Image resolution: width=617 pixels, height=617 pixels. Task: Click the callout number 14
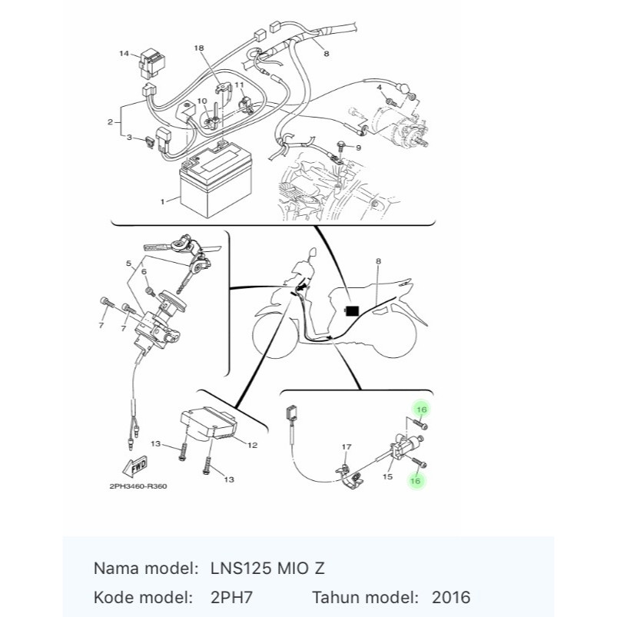pos(124,53)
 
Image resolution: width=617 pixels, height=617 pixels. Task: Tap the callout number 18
pos(199,48)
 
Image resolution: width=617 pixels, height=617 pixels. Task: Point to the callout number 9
pos(358,148)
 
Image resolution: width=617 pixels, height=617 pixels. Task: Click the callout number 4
pos(380,87)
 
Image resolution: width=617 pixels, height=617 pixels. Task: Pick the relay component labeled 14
pos(152,63)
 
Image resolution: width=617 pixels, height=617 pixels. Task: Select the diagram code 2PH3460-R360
pos(138,486)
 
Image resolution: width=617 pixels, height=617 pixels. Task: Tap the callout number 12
pos(252,445)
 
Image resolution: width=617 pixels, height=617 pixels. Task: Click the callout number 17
pos(347,447)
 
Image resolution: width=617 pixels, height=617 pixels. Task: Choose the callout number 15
pos(387,476)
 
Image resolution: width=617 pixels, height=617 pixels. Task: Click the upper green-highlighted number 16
pos(421,410)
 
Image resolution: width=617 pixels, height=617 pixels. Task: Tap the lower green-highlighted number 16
pos(416,481)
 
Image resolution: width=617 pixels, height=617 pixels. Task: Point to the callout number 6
pos(144,271)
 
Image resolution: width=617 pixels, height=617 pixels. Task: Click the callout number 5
pos(128,264)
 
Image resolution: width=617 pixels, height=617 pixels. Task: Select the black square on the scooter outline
pos(352,311)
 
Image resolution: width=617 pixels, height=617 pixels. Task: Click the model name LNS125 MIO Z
pos(267,569)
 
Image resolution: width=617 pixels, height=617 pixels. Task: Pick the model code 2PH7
pos(231,597)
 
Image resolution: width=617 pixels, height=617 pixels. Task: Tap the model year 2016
pos(451,597)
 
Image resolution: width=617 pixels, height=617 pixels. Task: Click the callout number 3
pos(129,138)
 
